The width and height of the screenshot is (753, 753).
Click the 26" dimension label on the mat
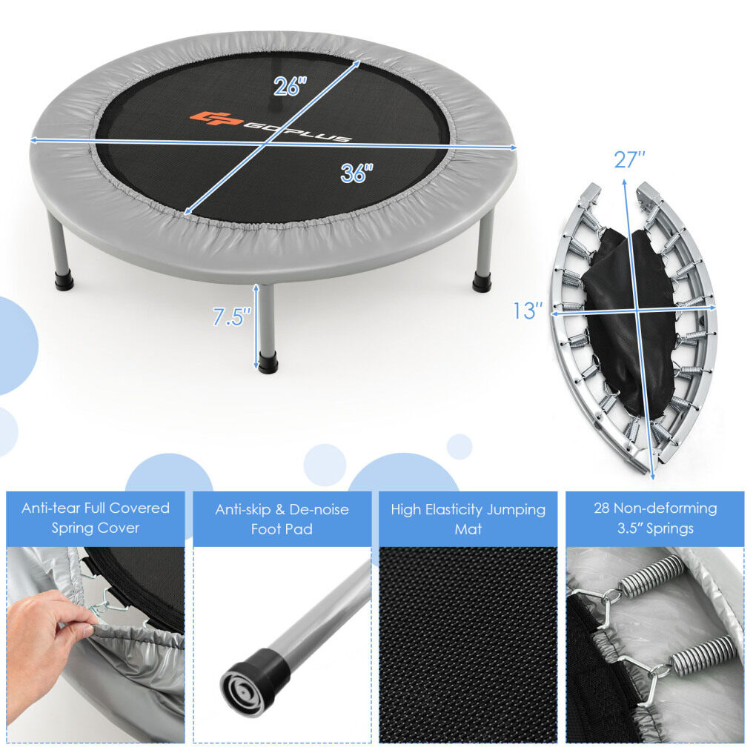290,86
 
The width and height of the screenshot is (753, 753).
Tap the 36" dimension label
356,173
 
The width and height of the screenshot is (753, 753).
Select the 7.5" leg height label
232,317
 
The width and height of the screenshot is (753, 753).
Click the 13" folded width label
528,311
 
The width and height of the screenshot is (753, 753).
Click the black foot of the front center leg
268,362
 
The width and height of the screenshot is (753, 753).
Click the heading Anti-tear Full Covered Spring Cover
96,517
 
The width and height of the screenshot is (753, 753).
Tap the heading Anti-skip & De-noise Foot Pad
282,519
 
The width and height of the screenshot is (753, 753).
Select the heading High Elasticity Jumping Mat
468,519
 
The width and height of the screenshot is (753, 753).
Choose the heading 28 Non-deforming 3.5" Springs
655,518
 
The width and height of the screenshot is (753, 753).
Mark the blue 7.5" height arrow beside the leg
256,326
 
